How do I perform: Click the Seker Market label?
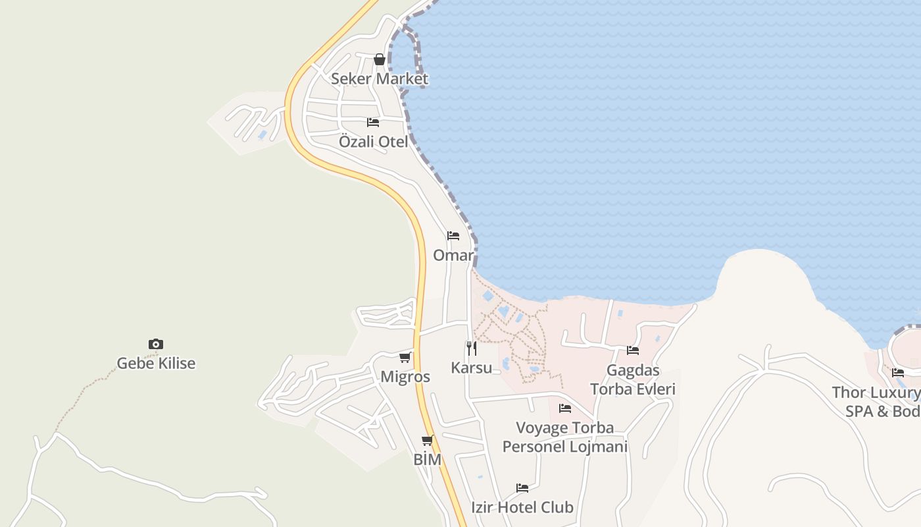pos(379,79)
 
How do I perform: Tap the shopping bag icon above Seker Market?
pos(380,59)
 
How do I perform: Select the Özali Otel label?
pos(373,142)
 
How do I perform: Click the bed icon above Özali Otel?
pos(373,123)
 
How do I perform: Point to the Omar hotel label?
pos(453,255)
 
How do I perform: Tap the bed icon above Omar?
pos(453,236)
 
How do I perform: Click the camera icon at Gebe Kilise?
pos(156,344)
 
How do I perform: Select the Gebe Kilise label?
pos(156,363)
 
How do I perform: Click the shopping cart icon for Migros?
pos(405,358)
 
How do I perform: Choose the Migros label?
pos(405,377)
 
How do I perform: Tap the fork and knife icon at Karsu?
pos(472,348)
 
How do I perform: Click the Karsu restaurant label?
pos(471,368)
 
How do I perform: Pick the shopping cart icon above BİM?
pos(428,441)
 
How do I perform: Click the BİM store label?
pos(428,460)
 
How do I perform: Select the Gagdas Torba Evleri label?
pos(633,379)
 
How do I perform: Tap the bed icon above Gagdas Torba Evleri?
pos(633,350)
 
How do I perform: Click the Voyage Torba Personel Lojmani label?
pos(565,437)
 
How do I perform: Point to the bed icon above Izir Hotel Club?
pos(522,488)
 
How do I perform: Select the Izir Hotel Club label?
pos(522,507)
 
